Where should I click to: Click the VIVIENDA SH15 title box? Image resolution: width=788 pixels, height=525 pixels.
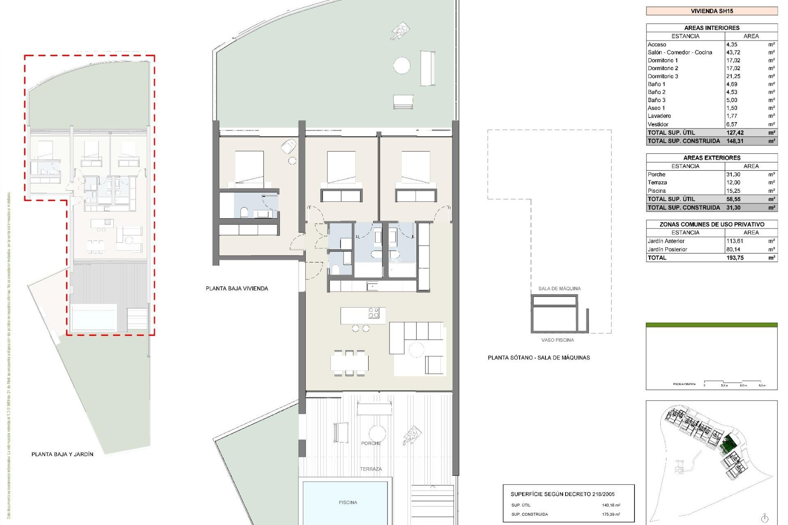click(x=712, y=11)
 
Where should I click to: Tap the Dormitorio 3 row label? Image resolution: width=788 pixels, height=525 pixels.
click(x=663, y=76)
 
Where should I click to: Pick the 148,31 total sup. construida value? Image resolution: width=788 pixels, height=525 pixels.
click(x=735, y=141)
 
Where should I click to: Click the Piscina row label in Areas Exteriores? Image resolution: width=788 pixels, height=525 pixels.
click(x=657, y=191)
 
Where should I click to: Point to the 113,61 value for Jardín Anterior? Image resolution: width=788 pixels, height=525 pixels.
click(x=735, y=241)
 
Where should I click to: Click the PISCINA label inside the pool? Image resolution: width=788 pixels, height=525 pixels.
click(x=348, y=502)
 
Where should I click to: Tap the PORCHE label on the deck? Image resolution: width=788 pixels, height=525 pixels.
click(x=371, y=443)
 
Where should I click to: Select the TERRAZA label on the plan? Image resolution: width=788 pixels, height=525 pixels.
click(x=371, y=469)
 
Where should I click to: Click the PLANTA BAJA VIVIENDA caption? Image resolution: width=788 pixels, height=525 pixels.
click(x=237, y=288)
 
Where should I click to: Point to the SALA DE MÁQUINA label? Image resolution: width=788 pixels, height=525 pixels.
click(x=559, y=288)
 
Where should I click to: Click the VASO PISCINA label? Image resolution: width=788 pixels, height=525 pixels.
click(x=557, y=340)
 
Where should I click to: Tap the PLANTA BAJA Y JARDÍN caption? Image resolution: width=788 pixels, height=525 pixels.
click(x=62, y=454)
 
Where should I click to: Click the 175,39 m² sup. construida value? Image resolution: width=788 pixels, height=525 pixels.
click(x=611, y=514)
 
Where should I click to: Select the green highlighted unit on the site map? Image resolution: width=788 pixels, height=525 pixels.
click(x=729, y=444)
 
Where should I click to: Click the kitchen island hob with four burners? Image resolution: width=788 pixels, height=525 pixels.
click(x=373, y=313)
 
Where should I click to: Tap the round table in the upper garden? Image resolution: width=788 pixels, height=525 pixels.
click(x=402, y=66)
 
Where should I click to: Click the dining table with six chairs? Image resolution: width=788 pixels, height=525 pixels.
click(x=349, y=363)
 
